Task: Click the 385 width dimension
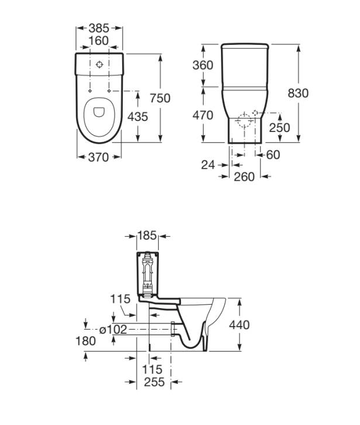pyautogui.click(x=99, y=28)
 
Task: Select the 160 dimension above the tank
pyautogui.click(x=99, y=41)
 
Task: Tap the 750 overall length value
pyautogui.click(x=160, y=98)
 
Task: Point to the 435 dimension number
pyautogui.click(x=138, y=116)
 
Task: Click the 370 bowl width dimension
pyautogui.click(x=98, y=157)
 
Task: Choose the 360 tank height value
pyautogui.click(x=203, y=65)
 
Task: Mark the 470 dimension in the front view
pyautogui.click(x=203, y=116)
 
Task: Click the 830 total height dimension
pyautogui.click(x=298, y=93)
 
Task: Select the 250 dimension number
pyautogui.click(x=280, y=128)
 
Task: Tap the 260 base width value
pyautogui.click(x=244, y=177)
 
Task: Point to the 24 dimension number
pyautogui.click(x=208, y=165)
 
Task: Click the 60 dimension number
pyautogui.click(x=273, y=155)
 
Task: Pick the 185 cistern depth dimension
pyautogui.click(x=147, y=235)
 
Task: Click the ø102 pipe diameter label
pyautogui.click(x=113, y=330)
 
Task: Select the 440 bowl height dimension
pyautogui.click(x=240, y=325)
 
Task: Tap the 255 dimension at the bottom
pyautogui.click(x=154, y=382)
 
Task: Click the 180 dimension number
pyautogui.click(x=85, y=341)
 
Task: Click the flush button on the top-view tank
pyautogui.click(x=99, y=65)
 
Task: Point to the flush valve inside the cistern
pyautogui.click(x=147, y=273)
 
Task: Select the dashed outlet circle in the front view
pyautogui.click(x=244, y=121)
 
